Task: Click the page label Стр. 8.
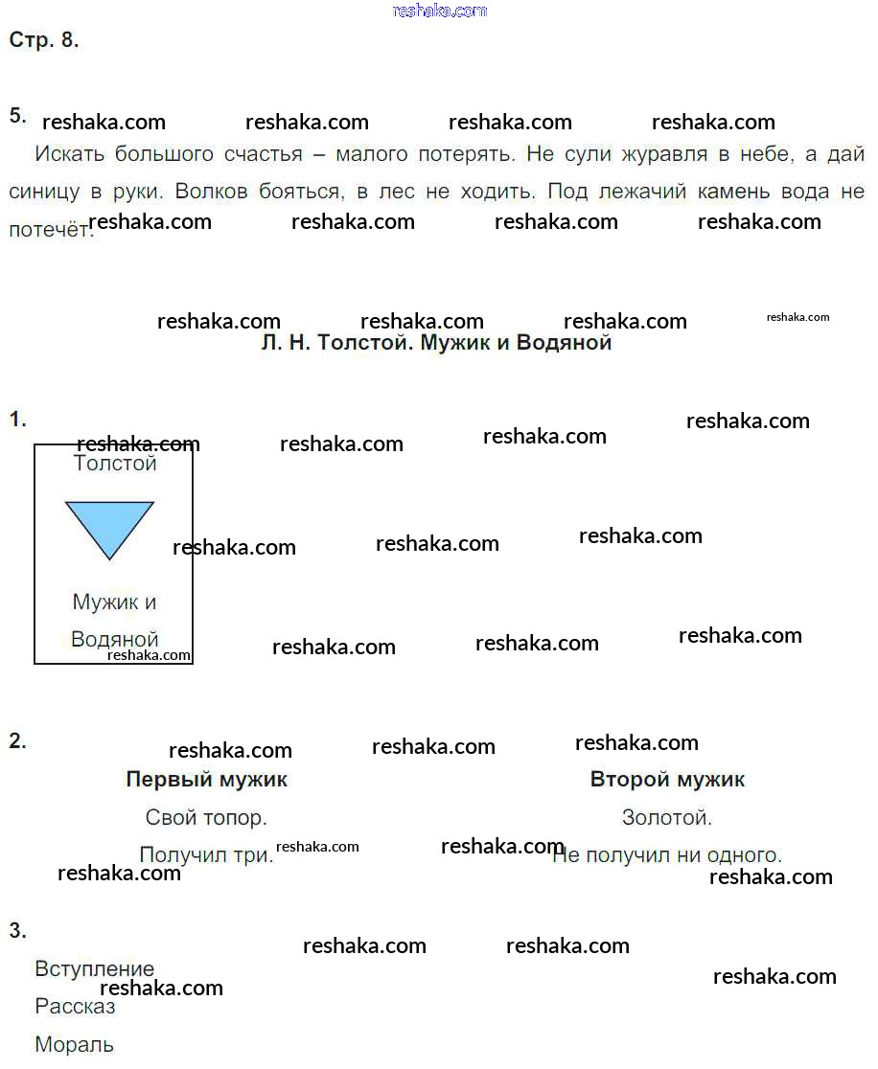[x=44, y=40]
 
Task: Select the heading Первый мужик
[x=206, y=780]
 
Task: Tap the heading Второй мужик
[x=667, y=780]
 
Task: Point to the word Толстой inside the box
[x=115, y=464]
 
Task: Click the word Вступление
[x=94, y=968]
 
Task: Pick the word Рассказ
[x=75, y=1007]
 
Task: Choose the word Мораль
[x=74, y=1045]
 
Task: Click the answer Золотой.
[x=667, y=818]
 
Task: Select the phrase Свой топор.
[x=206, y=818]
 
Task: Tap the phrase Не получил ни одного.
[x=667, y=855]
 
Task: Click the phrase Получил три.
[x=206, y=855]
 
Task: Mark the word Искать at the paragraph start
[x=69, y=154]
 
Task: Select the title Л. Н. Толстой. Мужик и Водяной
[x=436, y=343]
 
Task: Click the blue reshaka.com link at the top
[x=440, y=11]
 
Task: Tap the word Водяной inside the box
[x=115, y=640]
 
